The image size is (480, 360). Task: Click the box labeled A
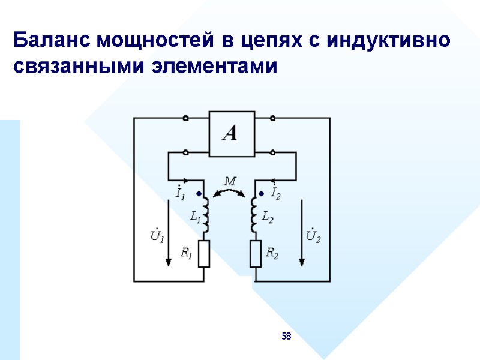(x=231, y=133)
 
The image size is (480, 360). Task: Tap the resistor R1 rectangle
(x=203, y=253)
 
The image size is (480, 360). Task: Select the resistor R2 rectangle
(x=256, y=253)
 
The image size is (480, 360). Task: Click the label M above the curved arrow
(x=230, y=179)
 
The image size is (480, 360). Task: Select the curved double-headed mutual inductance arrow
(x=230, y=190)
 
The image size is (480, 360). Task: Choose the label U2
(x=313, y=235)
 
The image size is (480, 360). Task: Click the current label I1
(x=179, y=194)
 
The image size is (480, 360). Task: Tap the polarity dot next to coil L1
(x=199, y=194)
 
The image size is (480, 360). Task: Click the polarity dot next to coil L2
(x=261, y=194)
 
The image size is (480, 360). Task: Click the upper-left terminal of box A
(x=186, y=118)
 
